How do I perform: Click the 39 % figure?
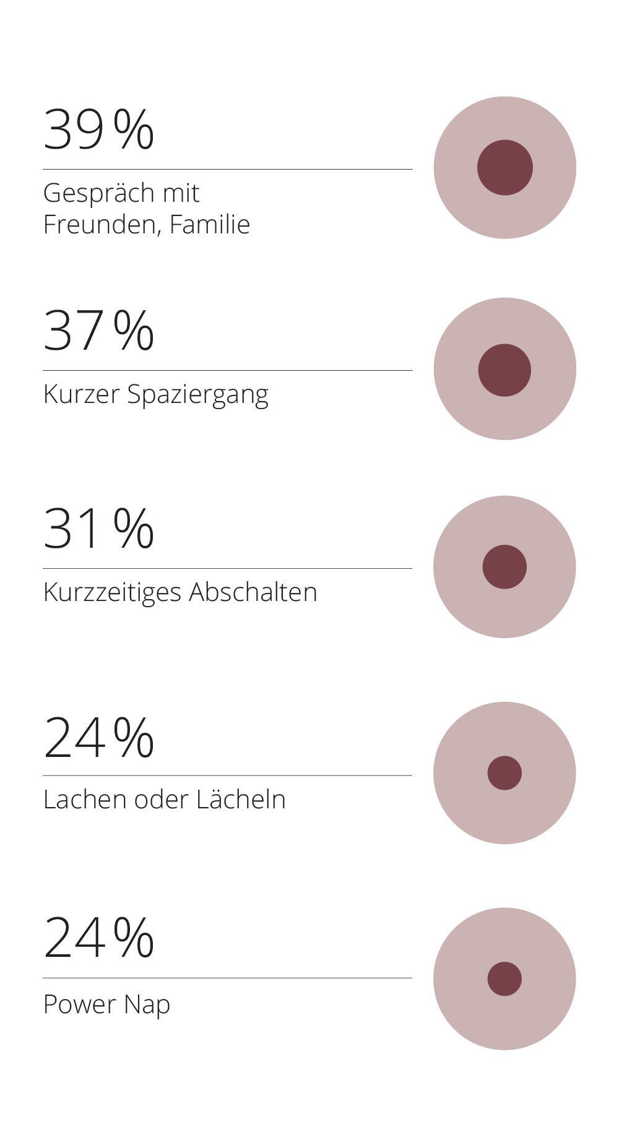(98, 129)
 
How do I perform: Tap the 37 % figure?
(98, 331)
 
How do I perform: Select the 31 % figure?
(98, 529)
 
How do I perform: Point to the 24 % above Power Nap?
(98, 938)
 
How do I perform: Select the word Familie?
(210, 223)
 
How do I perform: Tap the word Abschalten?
(253, 592)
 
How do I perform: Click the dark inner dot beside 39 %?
(505, 168)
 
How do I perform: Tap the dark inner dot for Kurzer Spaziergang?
(504, 370)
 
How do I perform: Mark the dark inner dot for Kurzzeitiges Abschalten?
(504, 567)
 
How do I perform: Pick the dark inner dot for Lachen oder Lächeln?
(504, 773)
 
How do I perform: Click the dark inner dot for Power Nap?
(504, 979)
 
